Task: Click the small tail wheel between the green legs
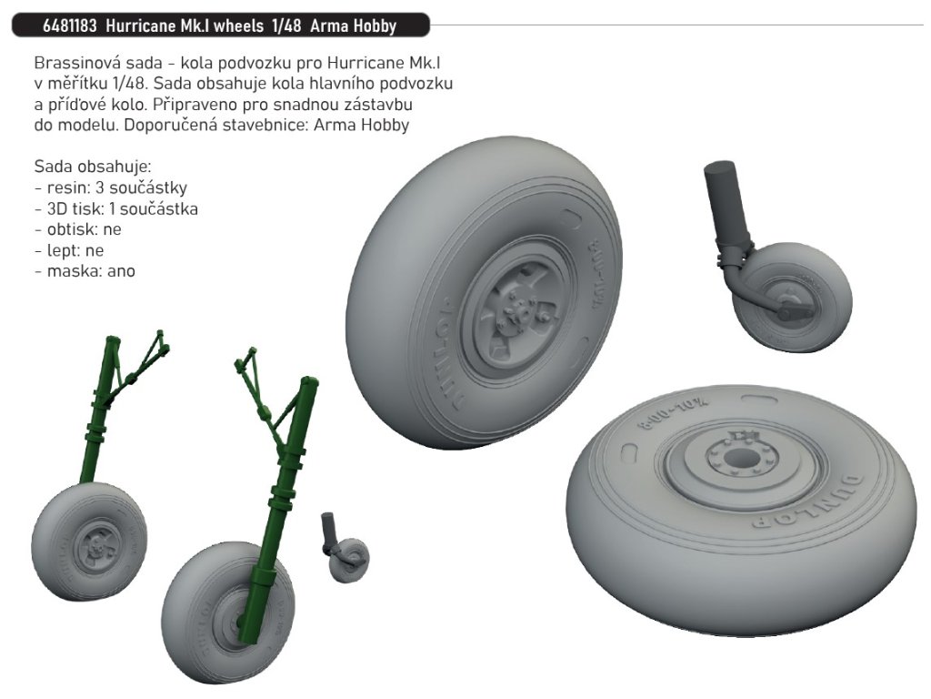point(349,559)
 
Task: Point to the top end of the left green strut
point(113,341)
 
